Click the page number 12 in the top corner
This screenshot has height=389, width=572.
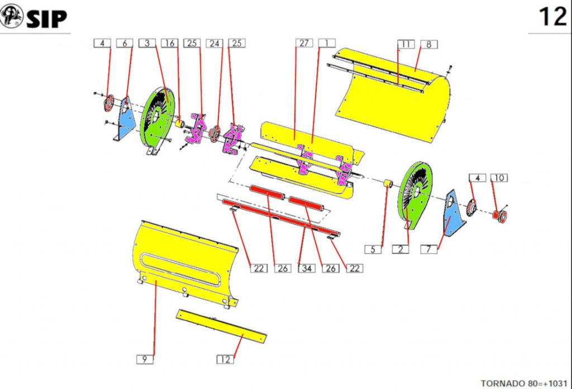552,17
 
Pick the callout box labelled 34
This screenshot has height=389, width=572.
306,268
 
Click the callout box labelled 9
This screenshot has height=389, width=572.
144,359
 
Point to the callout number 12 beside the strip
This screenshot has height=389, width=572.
226,359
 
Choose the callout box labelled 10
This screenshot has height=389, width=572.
499,178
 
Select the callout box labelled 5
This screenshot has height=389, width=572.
373,249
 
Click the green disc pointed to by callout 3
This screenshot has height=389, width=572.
158,117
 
